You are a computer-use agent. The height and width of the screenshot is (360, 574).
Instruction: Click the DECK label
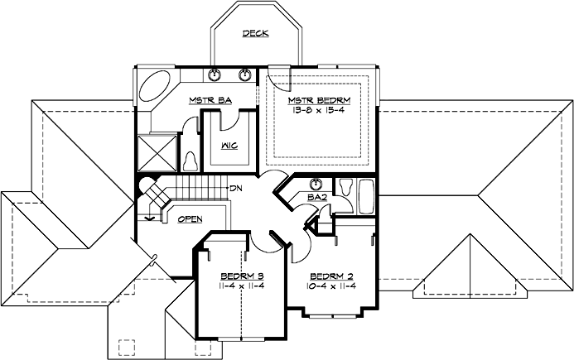pyautogui.click(x=255, y=34)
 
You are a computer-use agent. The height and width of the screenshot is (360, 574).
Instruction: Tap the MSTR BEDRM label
pyautogui.click(x=320, y=101)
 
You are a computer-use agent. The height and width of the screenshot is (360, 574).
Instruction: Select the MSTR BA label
pyautogui.click(x=210, y=100)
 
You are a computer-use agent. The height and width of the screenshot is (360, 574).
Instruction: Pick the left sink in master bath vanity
pyautogui.click(x=215, y=75)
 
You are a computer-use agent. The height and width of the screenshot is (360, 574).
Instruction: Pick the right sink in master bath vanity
pyautogui.click(x=245, y=75)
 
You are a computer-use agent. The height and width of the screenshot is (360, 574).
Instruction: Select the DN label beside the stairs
pyautogui.click(x=236, y=187)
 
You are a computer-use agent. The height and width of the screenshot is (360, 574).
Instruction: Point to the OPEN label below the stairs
pyautogui.click(x=191, y=220)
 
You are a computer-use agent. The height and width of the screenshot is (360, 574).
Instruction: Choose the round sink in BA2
pyautogui.click(x=316, y=184)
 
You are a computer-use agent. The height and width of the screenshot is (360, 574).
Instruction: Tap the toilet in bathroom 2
pyautogui.click(x=346, y=186)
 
